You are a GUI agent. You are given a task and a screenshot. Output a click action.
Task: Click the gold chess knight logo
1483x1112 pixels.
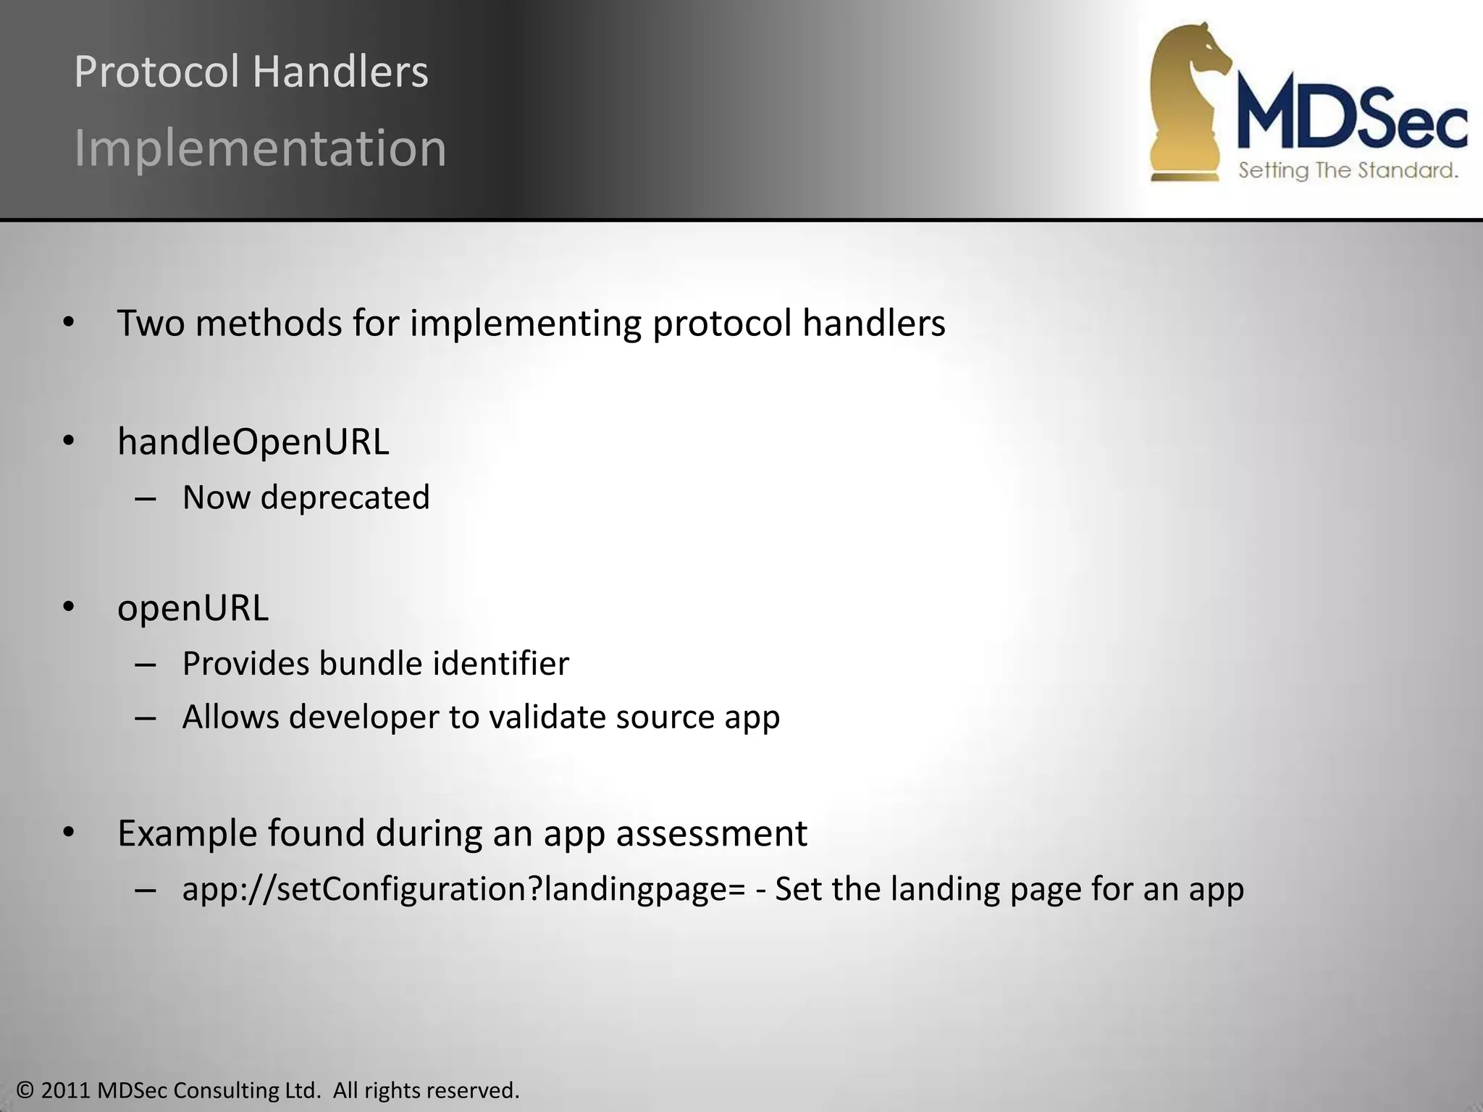(1188, 101)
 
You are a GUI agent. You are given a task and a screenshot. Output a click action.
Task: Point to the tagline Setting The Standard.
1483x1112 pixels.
(1348, 171)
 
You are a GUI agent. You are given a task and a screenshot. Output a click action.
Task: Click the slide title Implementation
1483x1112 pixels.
(261, 148)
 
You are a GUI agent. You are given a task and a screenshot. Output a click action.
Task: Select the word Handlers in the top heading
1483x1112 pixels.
(340, 72)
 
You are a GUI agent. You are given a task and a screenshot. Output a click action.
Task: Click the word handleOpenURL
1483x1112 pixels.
(253, 442)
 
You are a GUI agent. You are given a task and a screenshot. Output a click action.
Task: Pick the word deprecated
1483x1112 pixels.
(345, 498)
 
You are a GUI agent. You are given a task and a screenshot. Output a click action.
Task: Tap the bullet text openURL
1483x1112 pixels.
(193, 607)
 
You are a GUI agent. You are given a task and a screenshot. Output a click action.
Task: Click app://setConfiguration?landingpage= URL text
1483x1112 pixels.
(463, 890)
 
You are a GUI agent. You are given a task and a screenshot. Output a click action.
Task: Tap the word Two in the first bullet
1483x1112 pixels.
(151, 323)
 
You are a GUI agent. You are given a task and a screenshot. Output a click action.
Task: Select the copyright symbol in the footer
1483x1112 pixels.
(25, 1090)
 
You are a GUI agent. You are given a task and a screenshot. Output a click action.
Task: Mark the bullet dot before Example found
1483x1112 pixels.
(69, 833)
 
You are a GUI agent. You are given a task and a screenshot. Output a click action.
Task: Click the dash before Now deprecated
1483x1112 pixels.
(146, 499)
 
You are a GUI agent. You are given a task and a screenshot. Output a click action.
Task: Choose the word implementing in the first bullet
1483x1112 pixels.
(526, 323)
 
